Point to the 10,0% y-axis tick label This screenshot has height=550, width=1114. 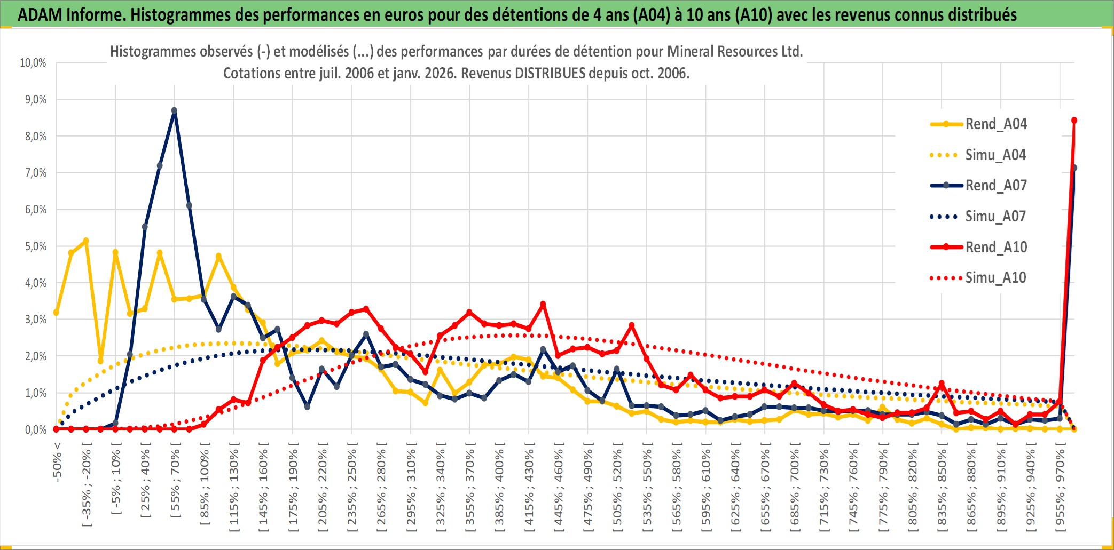[x=33, y=63]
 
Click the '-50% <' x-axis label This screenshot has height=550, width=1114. [x=58, y=462]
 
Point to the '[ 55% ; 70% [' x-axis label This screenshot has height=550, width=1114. [x=175, y=483]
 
